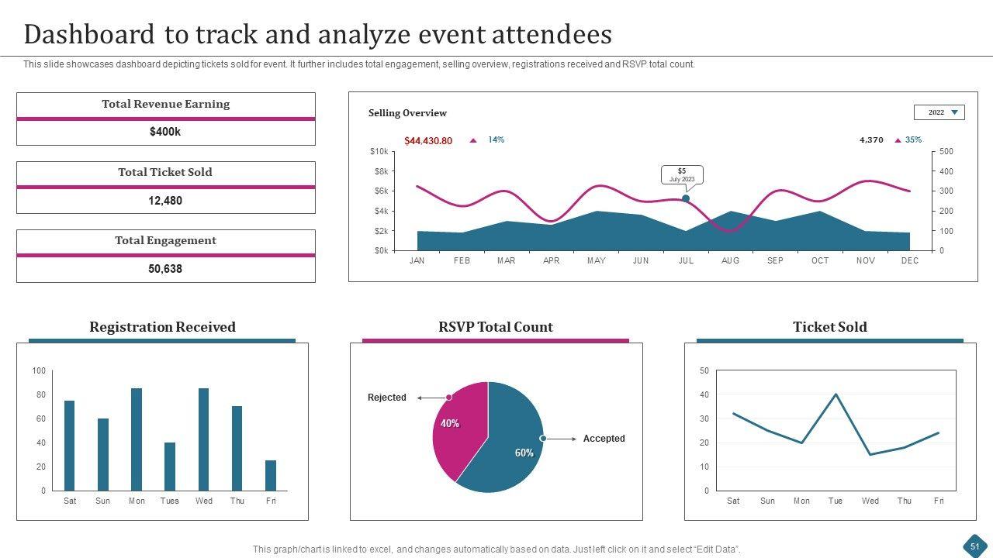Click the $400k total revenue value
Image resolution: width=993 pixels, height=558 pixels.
point(165,133)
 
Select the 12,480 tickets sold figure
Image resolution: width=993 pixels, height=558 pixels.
point(165,201)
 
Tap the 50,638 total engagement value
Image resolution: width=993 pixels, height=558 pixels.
point(165,269)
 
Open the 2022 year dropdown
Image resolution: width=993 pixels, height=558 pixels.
point(939,112)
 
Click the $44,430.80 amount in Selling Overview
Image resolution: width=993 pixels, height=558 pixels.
point(428,141)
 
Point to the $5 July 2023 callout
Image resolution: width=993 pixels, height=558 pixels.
point(682,175)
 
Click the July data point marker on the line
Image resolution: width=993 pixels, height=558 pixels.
point(686,198)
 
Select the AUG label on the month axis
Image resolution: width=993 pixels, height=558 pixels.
point(731,261)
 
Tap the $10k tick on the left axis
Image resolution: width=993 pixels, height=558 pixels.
point(379,152)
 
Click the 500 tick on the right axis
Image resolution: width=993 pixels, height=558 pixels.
point(946,152)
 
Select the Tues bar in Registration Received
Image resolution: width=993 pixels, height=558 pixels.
point(170,467)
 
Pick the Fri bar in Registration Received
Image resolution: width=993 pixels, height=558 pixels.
point(271,475)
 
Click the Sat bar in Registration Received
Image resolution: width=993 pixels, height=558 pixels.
point(70,446)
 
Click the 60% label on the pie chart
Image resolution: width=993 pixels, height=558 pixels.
point(524,453)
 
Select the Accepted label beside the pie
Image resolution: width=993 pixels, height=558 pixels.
point(604,439)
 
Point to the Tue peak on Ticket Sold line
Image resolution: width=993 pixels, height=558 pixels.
point(836,394)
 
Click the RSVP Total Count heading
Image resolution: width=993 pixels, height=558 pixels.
point(496,327)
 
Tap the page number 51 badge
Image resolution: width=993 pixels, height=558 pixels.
point(974,546)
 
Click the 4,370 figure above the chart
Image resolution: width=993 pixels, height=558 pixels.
point(871,140)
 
